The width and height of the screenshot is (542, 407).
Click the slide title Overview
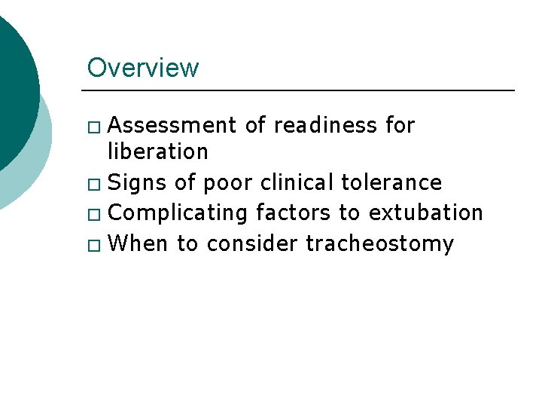(143, 68)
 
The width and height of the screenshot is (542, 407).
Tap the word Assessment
(173, 125)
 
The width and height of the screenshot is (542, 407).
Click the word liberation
(157, 151)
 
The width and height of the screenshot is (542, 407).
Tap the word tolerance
(391, 182)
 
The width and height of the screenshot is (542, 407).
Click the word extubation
(425, 213)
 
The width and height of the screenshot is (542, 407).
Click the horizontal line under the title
(301, 90)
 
